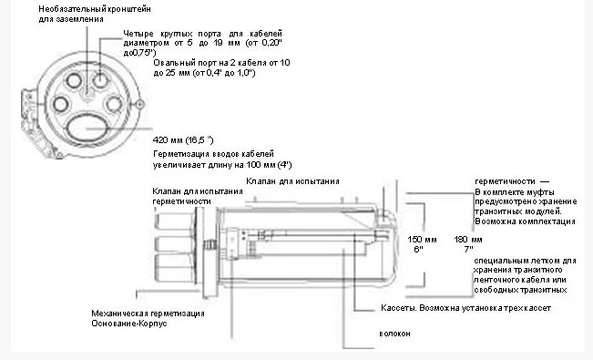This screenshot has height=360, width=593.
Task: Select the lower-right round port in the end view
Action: pyautogui.click(x=114, y=103)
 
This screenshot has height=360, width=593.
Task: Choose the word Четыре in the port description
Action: pyautogui.click(x=140, y=35)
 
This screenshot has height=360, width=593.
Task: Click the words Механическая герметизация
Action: pyautogui.click(x=147, y=313)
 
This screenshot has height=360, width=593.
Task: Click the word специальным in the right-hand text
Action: pyautogui.click(x=499, y=261)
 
